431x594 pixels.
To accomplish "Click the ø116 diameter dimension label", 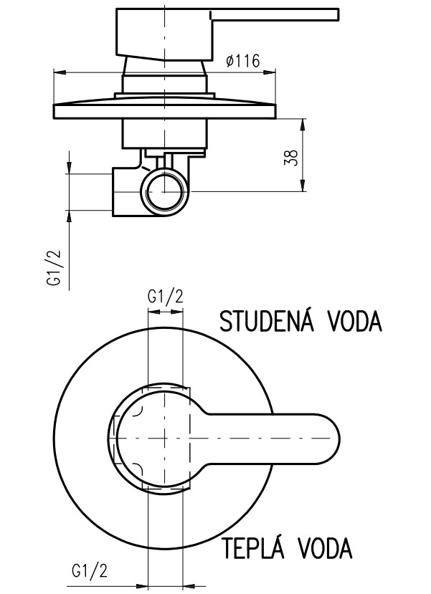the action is [243, 61].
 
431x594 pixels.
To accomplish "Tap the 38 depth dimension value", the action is [291, 157].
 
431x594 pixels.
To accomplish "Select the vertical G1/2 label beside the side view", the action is [55, 268].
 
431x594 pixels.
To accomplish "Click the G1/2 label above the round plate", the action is [165, 297].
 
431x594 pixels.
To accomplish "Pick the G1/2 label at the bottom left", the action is [89, 570].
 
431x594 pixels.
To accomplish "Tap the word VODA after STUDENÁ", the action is [354, 322].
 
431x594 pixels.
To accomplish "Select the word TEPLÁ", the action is [253, 546].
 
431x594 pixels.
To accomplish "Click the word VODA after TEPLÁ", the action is [324, 547].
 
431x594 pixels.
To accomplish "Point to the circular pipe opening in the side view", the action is [164, 192].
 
